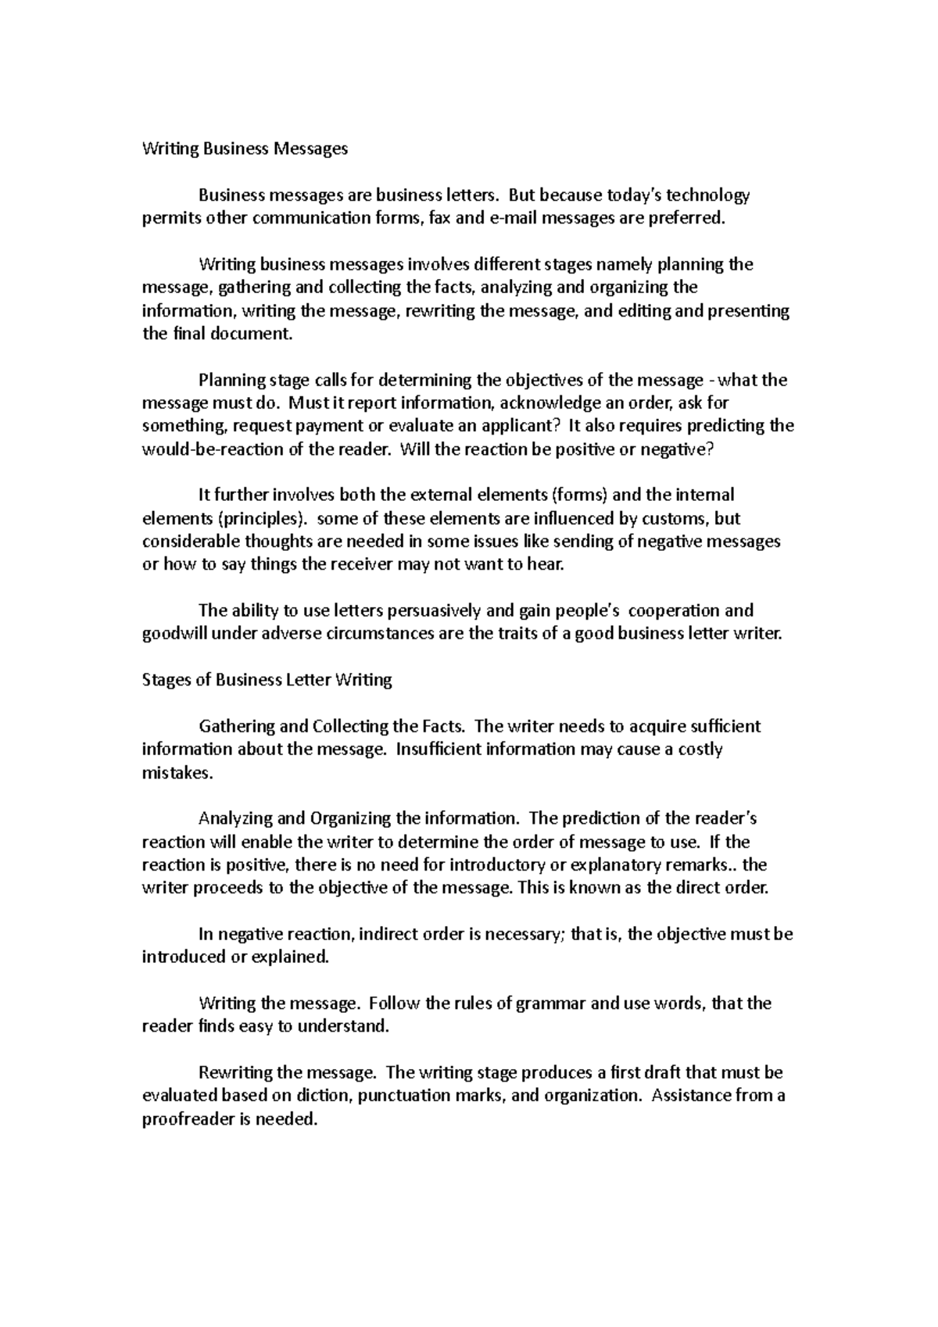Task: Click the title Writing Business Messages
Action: tap(244, 148)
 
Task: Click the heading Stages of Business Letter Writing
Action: tap(267, 680)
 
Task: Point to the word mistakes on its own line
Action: tap(176, 773)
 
